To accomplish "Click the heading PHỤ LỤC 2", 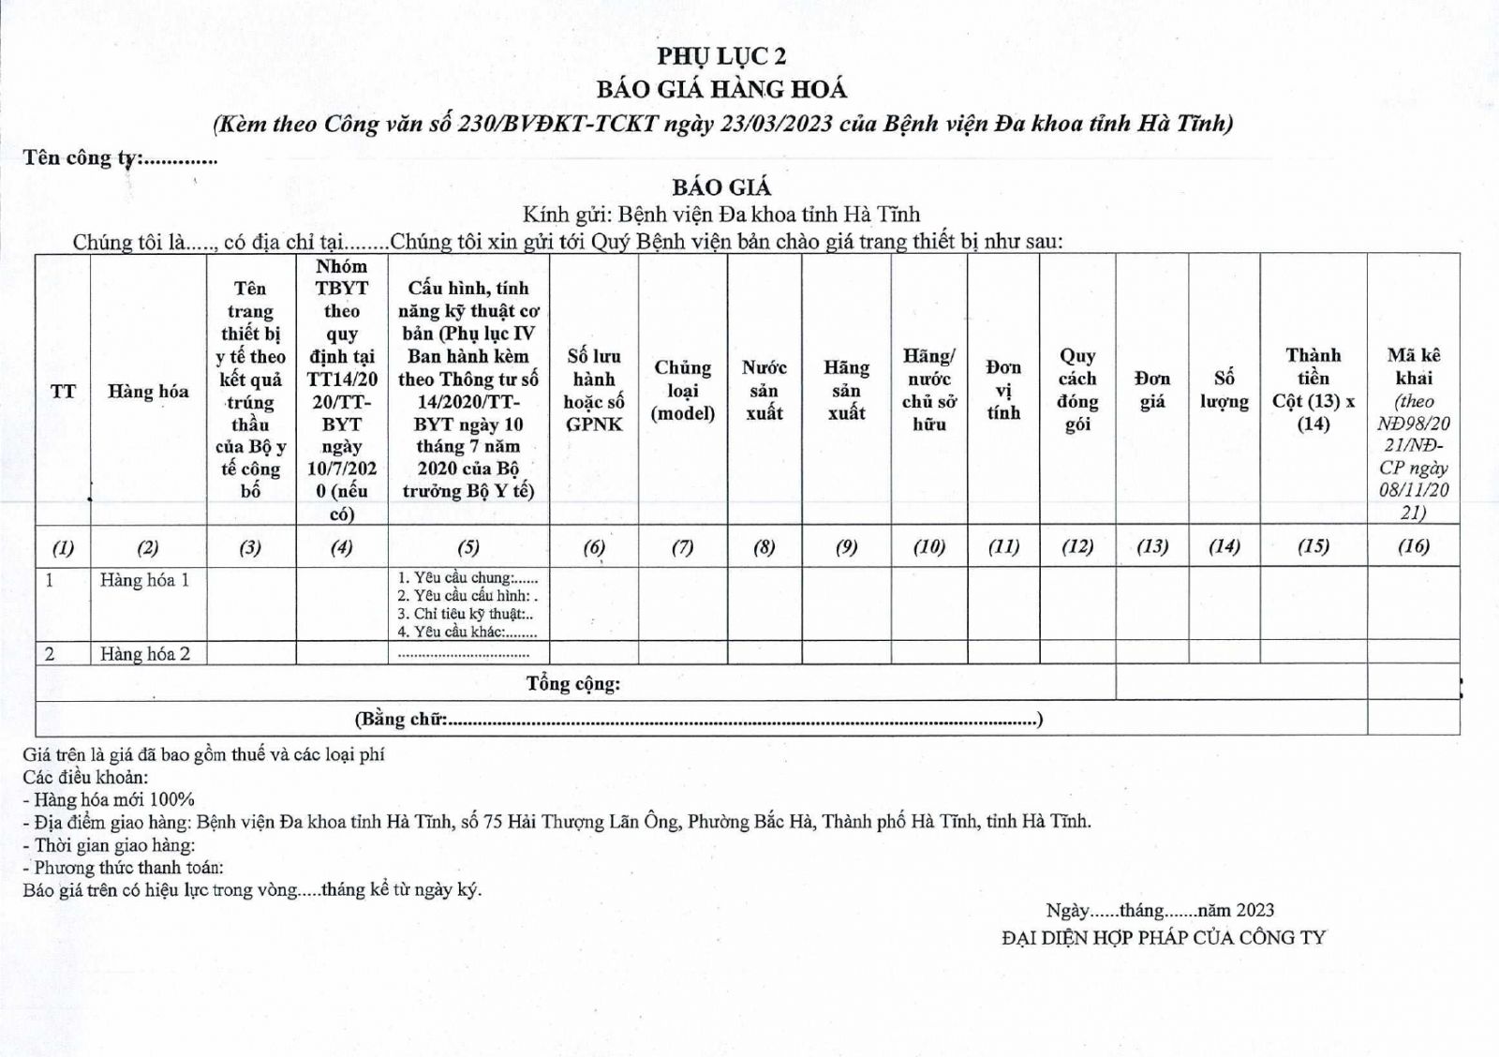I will click(x=721, y=56).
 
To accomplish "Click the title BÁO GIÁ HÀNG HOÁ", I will click(x=721, y=90).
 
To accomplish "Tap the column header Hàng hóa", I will click(x=148, y=392).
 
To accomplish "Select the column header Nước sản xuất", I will click(x=764, y=390).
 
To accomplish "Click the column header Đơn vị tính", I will click(x=1003, y=390).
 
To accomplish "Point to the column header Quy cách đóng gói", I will click(x=1077, y=390).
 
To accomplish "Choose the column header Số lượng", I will click(x=1224, y=390).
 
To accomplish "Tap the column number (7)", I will click(x=683, y=547).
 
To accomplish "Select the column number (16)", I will click(x=1413, y=546).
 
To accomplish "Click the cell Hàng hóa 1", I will click(x=145, y=581).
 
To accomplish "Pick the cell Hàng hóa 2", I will click(x=145, y=654).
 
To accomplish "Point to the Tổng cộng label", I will click(x=573, y=684).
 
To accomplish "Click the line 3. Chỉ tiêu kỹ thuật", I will click(x=466, y=614).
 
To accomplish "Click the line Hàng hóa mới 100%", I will click(x=113, y=799).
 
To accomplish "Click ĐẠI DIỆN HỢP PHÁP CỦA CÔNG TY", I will click(x=1164, y=937).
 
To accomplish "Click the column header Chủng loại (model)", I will click(x=683, y=390).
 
